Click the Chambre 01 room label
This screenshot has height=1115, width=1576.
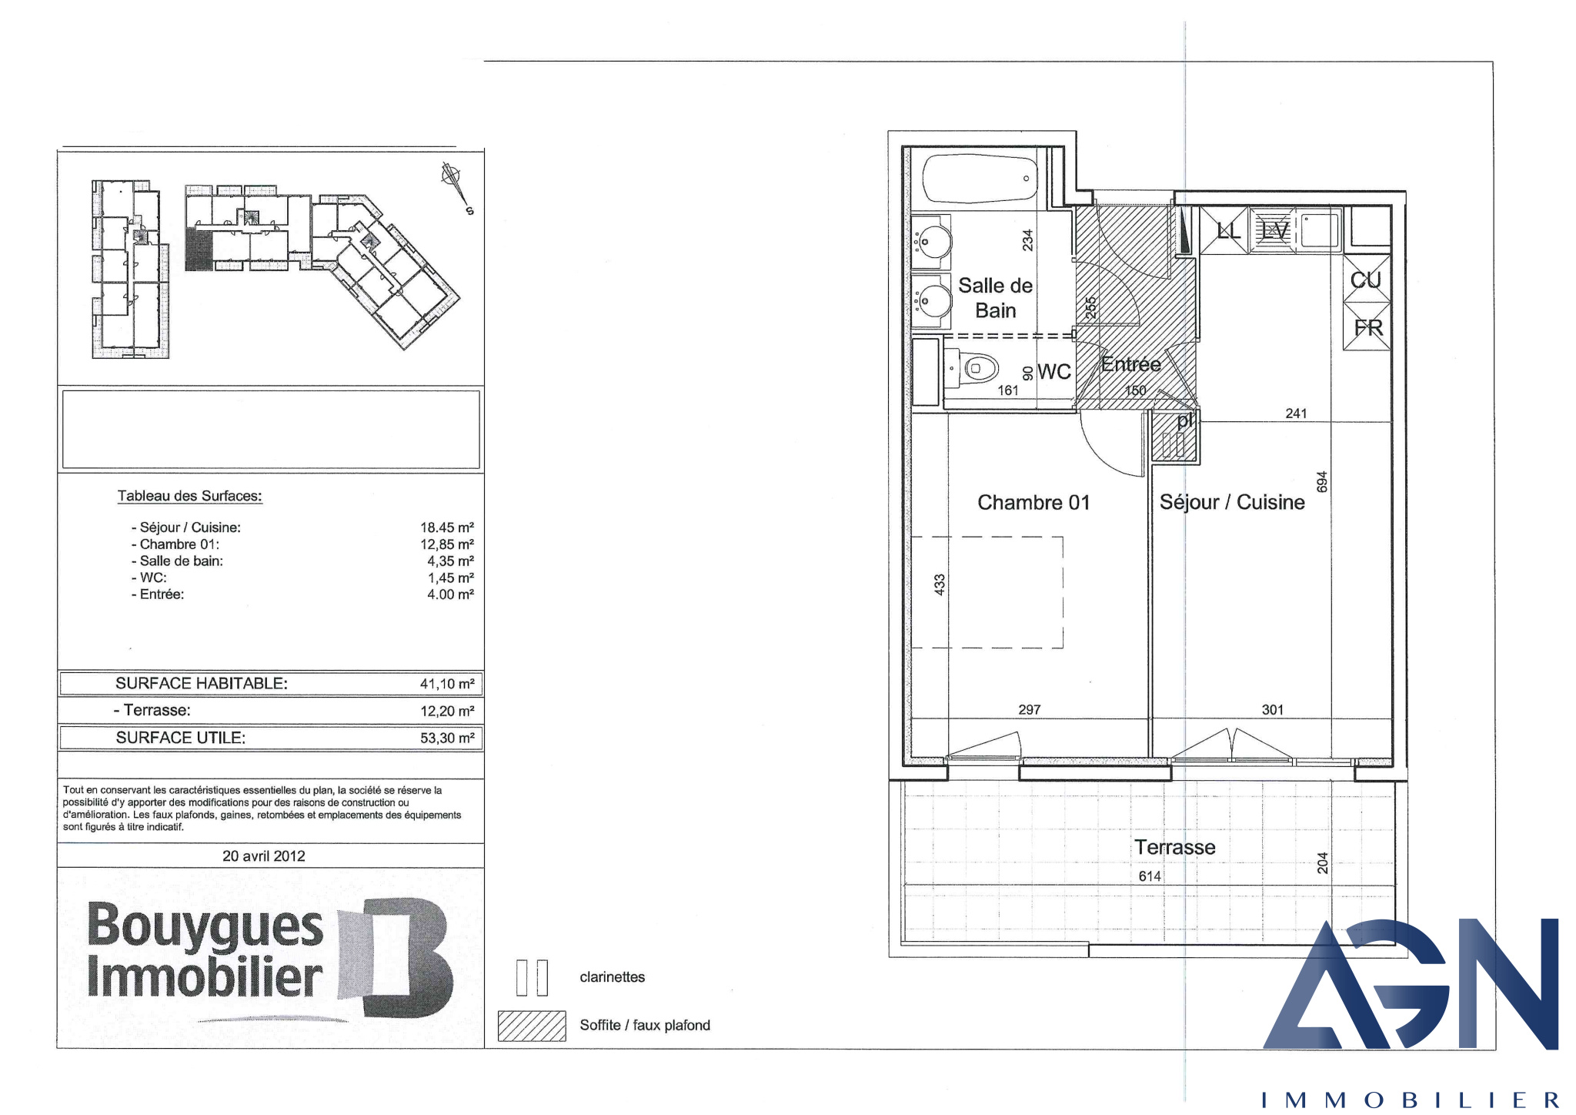(1033, 503)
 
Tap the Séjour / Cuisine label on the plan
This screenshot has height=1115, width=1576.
(1232, 503)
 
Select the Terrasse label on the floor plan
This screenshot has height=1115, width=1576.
(1175, 847)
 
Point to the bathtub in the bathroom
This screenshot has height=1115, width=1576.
(979, 179)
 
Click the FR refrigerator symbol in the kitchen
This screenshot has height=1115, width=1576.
(1367, 327)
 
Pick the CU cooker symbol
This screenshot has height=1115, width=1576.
(1367, 280)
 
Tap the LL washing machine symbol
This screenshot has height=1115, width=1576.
(1228, 229)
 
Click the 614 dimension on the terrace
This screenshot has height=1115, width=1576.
(1150, 876)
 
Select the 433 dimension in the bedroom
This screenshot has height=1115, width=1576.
(940, 584)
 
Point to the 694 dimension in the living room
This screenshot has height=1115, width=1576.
(1322, 482)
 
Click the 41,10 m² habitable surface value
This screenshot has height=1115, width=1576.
(447, 684)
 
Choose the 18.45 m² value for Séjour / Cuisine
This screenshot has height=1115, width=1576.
(447, 527)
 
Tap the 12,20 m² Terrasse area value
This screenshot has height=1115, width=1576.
(447, 711)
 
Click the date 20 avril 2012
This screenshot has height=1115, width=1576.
(264, 856)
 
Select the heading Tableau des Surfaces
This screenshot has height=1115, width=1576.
(190, 496)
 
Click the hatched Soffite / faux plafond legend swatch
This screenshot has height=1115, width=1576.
(532, 1026)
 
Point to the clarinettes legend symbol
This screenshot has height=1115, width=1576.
(532, 978)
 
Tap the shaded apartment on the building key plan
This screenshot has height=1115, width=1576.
(199, 249)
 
